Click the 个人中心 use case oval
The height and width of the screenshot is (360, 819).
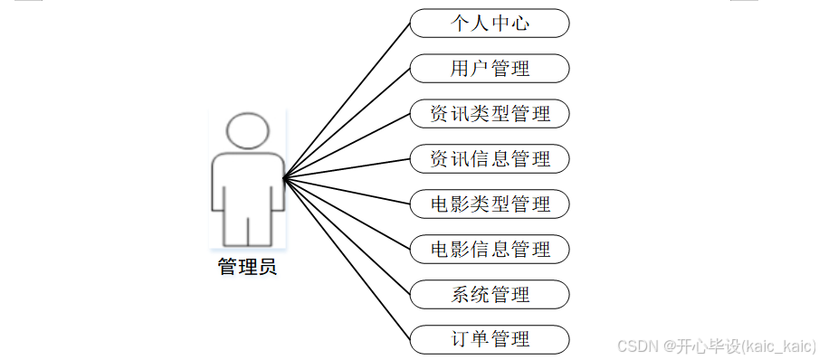490,24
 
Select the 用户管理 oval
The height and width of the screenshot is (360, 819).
490,69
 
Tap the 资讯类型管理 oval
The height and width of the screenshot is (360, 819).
490,114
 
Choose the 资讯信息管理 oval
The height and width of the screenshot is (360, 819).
490,159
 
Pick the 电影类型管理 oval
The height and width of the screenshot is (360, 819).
490,204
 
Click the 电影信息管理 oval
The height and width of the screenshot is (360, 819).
490,249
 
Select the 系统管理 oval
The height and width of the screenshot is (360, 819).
490,294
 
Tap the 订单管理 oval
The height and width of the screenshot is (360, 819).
490,339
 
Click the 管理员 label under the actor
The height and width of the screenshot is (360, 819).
247,268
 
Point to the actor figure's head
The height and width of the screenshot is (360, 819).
247,130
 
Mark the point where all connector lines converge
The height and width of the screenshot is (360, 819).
284,178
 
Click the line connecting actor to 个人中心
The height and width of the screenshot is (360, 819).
347,101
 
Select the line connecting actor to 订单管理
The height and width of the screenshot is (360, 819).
347,258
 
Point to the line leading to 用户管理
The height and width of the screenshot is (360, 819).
347,124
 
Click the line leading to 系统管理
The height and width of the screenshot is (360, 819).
347,235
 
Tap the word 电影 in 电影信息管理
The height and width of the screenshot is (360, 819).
450,249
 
